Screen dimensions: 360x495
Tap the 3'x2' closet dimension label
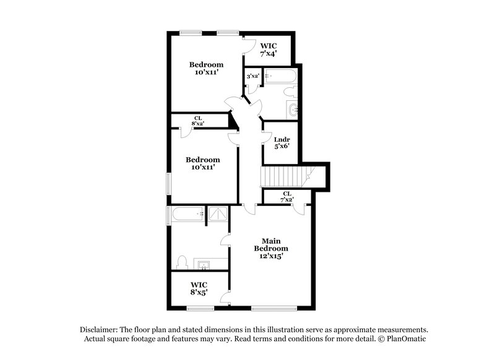(x=252, y=76)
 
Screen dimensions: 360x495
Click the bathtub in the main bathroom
(x=188, y=215)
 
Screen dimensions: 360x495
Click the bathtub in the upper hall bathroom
(x=282, y=77)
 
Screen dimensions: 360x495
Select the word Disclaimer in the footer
(x=99, y=330)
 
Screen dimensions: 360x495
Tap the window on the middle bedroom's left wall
(x=168, y=184)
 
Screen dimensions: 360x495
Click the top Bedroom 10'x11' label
(x=206, y=68)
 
